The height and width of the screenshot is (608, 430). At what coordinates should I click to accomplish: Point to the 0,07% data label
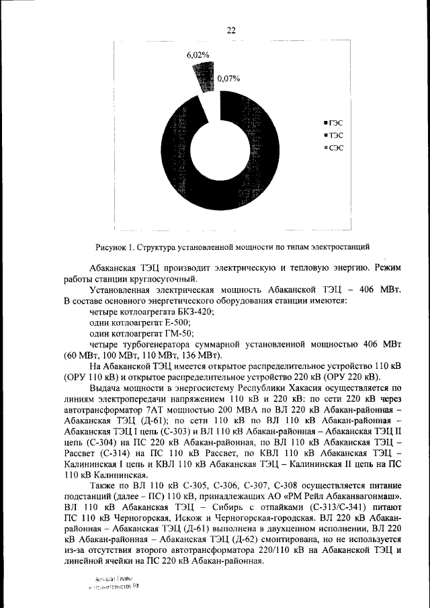[x=228, y=79]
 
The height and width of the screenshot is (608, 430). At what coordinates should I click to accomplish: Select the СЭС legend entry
[x=333, y=148]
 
